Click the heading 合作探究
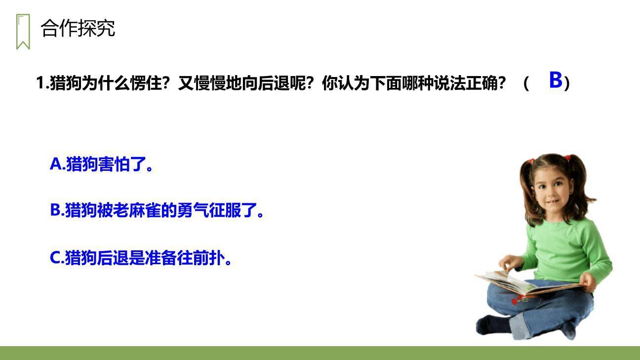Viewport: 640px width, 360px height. [x=78, y=28]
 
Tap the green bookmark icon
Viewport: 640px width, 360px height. [x=23, y=32]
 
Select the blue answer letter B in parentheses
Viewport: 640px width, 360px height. [x=556, y=80]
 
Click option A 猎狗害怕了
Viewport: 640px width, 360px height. [x=101, y=164]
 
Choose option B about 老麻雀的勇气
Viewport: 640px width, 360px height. [x=157, y=210]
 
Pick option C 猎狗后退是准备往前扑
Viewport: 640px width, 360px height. [x=141, y=258]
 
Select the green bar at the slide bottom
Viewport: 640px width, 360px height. [x=320, y=353]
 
